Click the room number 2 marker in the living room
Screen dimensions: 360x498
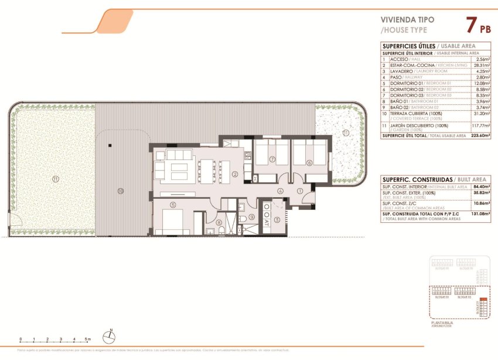(234, 174)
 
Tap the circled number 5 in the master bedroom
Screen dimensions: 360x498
(173, 205)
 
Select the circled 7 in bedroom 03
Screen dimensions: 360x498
(272, 159)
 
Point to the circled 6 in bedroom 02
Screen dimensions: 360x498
(309, 164)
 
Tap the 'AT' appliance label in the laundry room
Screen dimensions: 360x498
(266, 222)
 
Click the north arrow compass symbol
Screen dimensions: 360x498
(108, 337)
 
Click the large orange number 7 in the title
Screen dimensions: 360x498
(470, 25)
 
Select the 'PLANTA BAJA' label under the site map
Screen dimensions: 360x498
(441, 323)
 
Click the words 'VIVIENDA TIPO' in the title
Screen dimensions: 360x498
(399, 19)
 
